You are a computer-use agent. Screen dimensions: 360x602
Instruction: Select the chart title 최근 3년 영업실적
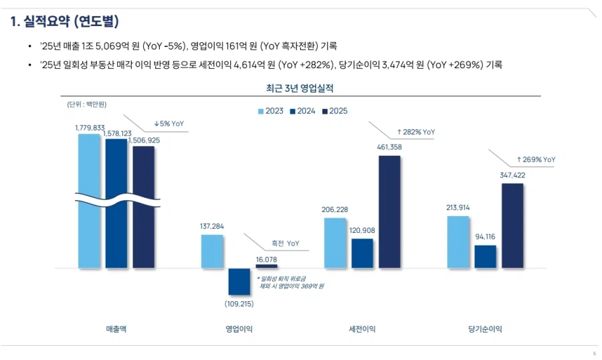coord(300,88)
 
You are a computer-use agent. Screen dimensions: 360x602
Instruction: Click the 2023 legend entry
coord(270,110)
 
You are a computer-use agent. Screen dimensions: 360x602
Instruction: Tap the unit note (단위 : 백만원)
coord(87,104)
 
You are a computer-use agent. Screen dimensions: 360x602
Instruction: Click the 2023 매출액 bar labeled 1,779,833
coord(89,201)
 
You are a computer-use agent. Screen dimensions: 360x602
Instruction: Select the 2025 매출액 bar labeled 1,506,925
coord(143,207)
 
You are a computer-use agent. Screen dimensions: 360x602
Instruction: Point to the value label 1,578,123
coord(116,134)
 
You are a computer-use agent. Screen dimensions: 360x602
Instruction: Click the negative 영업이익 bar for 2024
coord(239,281)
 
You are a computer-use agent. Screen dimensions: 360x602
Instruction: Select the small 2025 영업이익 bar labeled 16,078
coord(266,266)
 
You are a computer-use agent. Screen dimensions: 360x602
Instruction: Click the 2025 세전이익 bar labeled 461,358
coord(389,211)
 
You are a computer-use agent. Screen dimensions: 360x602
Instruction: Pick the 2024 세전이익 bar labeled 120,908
coord(362,253)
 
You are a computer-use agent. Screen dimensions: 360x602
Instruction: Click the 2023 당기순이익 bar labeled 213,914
coord(458,242)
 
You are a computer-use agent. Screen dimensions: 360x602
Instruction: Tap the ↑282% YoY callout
coord(415,132)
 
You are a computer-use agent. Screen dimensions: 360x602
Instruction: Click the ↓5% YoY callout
coord(169,124)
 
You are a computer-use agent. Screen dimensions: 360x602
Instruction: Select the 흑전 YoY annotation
coord(285,244)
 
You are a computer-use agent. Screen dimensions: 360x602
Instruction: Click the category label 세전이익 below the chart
coord(362,329)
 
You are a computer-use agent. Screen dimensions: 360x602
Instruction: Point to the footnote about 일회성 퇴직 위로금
coord(290,282)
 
